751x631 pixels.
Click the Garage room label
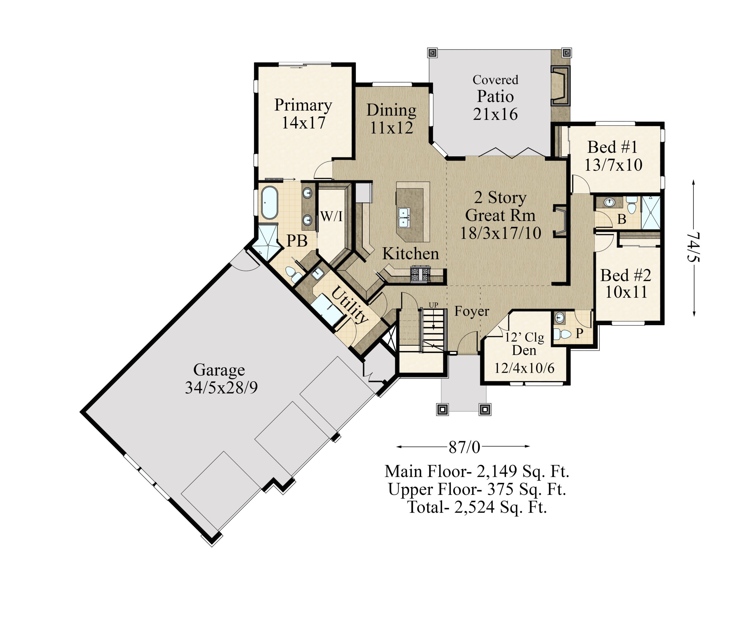pos(219,370)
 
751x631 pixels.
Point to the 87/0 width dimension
pos(464,447)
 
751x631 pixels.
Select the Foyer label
pos(471,311)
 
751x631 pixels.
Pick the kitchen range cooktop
pos(420,274)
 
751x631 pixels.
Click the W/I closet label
pos(331,216)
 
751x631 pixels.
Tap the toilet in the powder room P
pos(562,334)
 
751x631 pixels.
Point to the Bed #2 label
pos(625,275)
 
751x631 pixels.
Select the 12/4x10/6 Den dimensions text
pos(524,368)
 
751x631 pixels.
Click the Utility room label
pos(349,304)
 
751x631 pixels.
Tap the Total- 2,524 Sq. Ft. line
pos(477,507)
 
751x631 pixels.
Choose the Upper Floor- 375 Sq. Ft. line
pos(477,489)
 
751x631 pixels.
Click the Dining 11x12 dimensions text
pos(391,128)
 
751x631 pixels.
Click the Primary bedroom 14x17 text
pos(303,123)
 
